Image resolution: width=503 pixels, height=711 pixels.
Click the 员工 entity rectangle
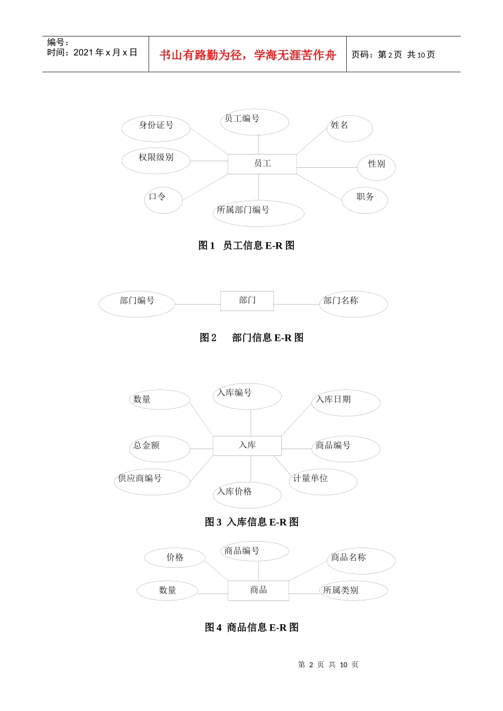click(x=262, y=164)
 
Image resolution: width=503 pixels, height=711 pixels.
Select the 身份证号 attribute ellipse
click(x=156, y=129)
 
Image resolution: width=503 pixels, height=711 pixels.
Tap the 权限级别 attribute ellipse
click(x=156, y=160)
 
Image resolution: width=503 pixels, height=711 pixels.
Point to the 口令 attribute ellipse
click(x=163, y=200)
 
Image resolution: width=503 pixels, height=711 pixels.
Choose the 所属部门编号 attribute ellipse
click(x=258, y=213)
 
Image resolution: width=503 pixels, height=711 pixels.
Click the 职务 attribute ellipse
click(x=365, y=200)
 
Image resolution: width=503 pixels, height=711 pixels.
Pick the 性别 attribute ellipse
click(x=376, y=167)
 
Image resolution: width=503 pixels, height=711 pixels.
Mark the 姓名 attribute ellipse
click(x=349, y=129)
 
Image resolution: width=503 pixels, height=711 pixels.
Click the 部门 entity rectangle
click(x=247, y=300)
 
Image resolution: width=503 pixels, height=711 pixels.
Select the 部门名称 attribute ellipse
click(x=353, y=304)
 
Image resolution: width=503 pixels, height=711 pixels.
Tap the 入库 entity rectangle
click(x=247, y=445)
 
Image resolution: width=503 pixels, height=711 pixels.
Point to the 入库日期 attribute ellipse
click(x=346, y=403)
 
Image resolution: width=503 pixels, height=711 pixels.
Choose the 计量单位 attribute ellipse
click(x=323, y=481)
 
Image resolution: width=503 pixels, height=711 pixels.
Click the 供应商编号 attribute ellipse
click(x=152, y=481)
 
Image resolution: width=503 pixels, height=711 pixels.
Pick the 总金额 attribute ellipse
click(x=159, y=449)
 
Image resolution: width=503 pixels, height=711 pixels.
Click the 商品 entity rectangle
click(x=258, y=590)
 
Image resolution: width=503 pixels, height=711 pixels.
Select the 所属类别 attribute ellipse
click(x=353, y=590)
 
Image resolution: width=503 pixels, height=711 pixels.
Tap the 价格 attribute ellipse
click(x=175, y=558)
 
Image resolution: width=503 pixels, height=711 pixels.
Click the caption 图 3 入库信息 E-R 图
click(x=251, y=522)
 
